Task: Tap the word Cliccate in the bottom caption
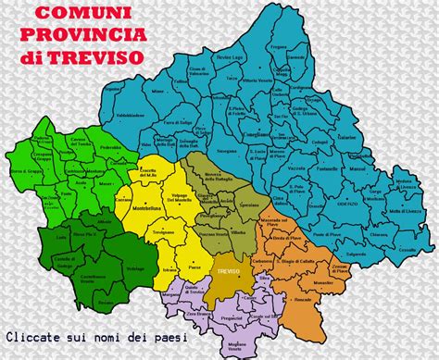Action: (x=33, y=337)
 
